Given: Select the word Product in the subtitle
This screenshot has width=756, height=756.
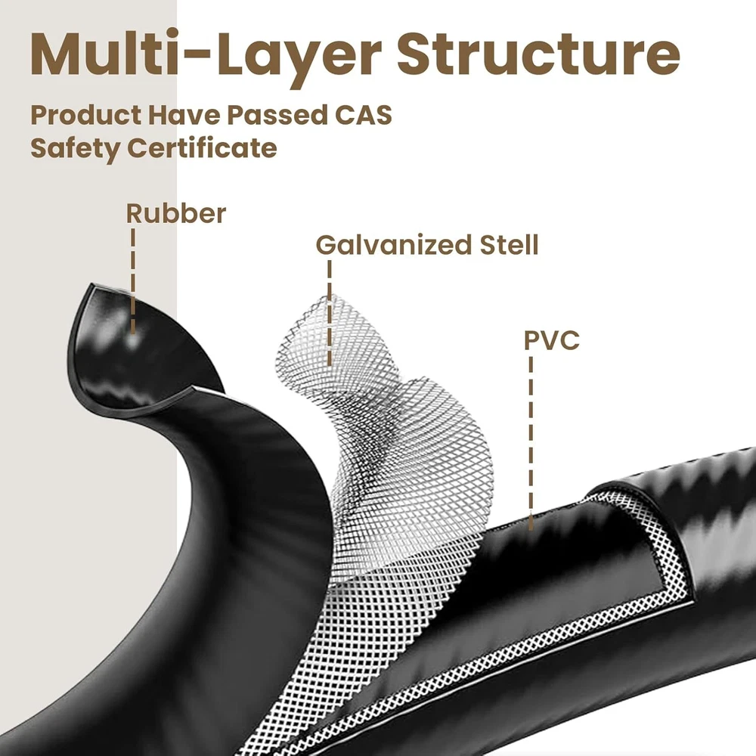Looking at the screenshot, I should click(85, 116).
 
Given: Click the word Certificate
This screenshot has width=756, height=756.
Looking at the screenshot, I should click(202, 147).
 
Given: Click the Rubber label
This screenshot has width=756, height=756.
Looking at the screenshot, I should click(175, 214).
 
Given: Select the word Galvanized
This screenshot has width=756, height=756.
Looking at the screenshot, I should click(380, 245).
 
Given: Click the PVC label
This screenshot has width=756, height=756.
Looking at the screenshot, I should click(552, 340).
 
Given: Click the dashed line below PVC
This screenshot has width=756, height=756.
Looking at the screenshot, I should click(530, 438).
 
